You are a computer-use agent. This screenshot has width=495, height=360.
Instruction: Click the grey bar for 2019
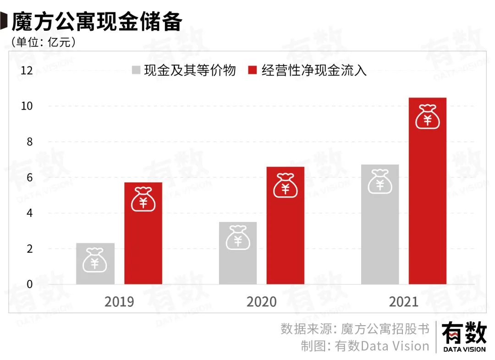click(95, 264)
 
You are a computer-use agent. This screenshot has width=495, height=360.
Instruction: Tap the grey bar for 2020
click(237, 253)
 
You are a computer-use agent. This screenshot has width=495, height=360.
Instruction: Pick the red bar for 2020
click(285, 225)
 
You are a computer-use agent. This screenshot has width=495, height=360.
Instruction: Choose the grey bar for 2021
click(380, 224)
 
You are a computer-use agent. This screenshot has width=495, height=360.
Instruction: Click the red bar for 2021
click(428, 191)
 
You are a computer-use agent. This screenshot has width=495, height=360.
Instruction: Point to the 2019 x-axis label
click(119, 302)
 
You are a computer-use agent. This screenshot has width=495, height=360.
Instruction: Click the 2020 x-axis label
click(261, 302)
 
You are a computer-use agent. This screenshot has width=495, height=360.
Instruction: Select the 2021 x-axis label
click(404, 302)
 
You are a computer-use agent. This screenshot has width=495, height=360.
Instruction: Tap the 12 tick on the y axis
click(27, 71)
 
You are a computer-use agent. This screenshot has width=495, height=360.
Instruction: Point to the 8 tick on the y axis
click(30, 142)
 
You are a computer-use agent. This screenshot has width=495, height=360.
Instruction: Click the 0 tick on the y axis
click(30, 284)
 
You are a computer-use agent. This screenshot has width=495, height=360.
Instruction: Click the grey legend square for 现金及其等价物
click(136, 71)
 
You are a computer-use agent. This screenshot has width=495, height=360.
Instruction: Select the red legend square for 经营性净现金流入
click(252, 71)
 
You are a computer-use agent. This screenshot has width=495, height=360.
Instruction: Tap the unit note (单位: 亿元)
click(44, 42)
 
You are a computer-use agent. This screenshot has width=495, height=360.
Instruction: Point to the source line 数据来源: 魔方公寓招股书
click(355, 329)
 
